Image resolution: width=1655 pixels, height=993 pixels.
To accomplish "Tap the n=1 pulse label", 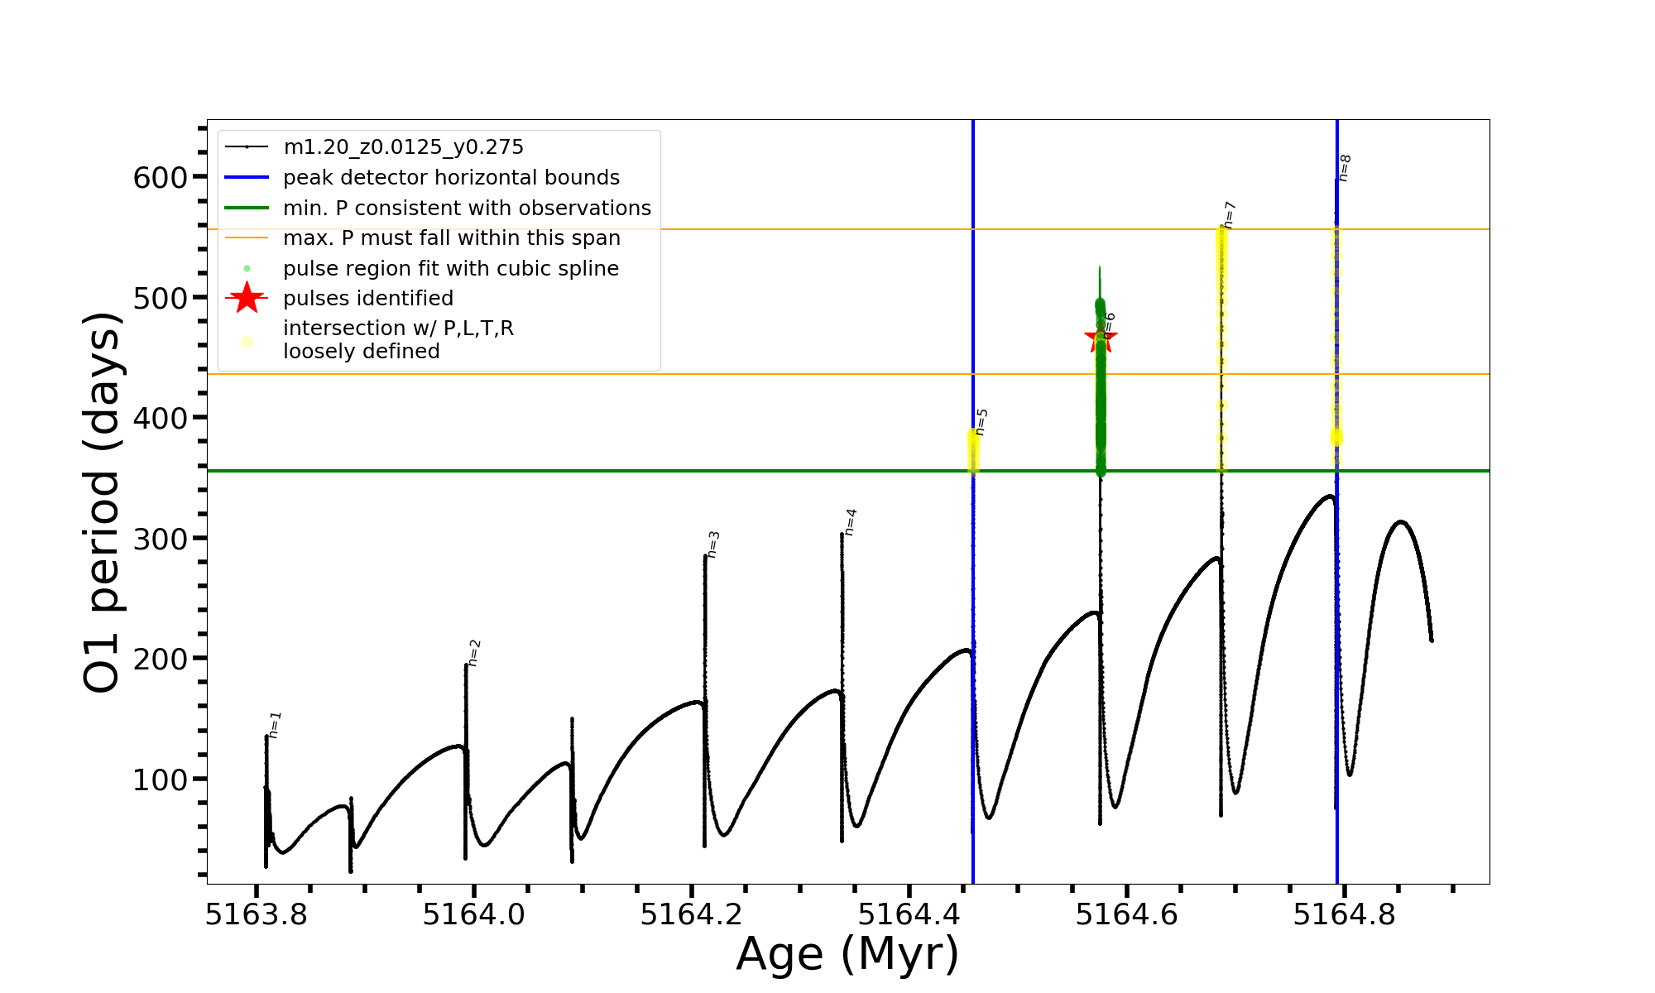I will [276, 724].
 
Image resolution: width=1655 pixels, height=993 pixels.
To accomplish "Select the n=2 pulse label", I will [474, 653].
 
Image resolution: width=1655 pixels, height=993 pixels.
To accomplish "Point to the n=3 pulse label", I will [713, 544].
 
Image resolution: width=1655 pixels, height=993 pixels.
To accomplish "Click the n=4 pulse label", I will [851, 522].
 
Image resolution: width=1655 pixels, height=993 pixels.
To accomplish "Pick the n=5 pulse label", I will [981, 422].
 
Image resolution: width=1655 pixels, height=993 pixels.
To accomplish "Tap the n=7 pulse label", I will [1230, 214].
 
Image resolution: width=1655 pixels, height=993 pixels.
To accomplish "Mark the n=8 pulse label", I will [1345, 168].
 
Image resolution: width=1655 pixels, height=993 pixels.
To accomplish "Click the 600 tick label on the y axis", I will [160, 177].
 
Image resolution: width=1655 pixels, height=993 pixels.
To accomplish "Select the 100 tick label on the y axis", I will [160, 780].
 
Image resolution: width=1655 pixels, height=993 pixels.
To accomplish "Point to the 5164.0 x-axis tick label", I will [473, 914].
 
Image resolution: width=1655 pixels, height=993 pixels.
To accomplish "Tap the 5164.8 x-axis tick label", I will [1344, 914].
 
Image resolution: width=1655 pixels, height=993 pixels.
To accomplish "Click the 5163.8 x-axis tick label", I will [256, 914].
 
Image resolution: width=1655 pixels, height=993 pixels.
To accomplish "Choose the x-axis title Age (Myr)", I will [847, 953].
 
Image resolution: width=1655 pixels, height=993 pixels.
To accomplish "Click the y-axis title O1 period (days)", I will [103, 501].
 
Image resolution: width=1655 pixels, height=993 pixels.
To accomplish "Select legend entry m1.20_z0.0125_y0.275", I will [403, 147].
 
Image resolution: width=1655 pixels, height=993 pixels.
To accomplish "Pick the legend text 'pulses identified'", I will [367, 298].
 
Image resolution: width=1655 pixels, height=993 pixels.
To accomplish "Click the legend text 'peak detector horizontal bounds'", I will [451, 178].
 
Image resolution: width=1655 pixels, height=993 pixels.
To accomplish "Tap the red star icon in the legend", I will [247, 298].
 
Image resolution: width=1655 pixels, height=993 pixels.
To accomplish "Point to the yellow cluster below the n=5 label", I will [973, 452].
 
